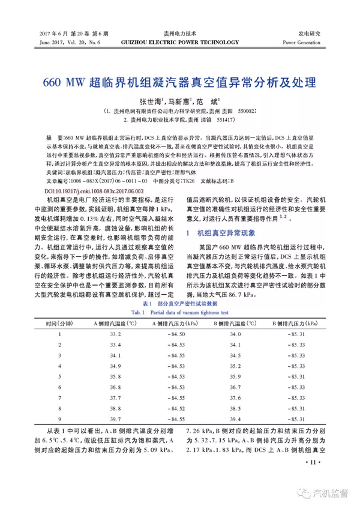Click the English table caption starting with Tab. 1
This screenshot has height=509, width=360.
click(x=179, y=312)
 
